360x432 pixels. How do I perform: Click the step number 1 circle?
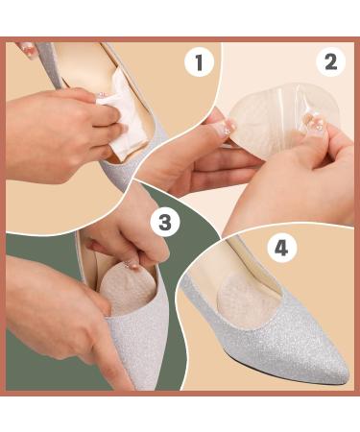(x=199, y=62)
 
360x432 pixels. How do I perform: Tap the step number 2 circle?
(x=331, y=61)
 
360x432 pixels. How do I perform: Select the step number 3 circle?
(x=165, y=222)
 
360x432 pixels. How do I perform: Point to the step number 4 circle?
(x=281, y=249)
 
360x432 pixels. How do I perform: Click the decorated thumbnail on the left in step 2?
(x=227, y=127)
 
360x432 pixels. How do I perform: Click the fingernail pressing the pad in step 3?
(x=132, y=265)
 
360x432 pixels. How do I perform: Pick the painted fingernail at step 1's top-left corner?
(x=27, y=50)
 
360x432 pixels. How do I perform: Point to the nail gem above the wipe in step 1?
(x=104, y=94)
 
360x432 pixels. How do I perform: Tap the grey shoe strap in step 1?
(x=51, y=64)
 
